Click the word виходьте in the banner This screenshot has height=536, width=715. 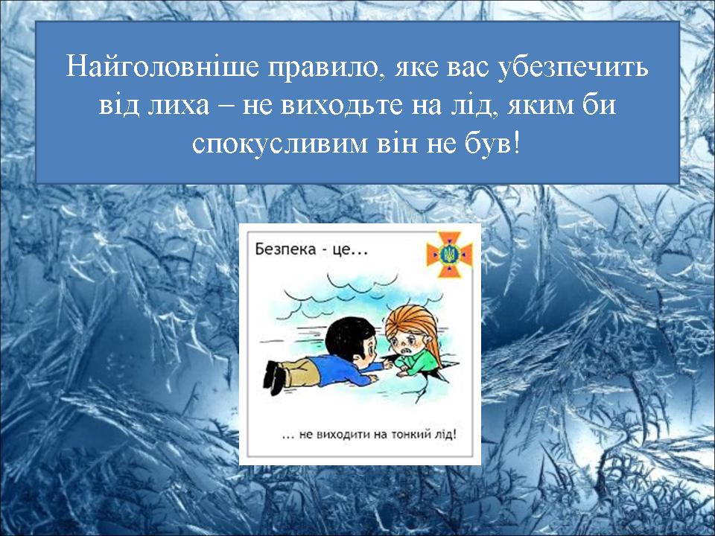tap(342, 106)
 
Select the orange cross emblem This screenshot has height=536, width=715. tap(449, 255)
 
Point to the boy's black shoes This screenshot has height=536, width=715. tap(275, 378)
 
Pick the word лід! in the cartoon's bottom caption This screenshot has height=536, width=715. tap(445, 434)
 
